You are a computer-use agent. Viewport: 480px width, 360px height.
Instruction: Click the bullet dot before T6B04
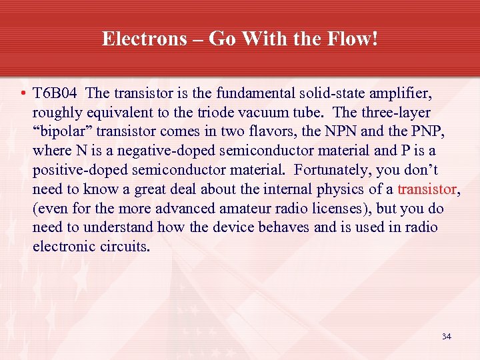tap(23, 93)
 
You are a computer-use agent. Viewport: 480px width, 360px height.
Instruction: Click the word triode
tap(221, 112)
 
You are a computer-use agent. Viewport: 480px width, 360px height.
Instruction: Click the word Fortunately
tap(330, 170)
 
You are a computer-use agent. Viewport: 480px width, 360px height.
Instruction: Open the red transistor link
tap(427, 189)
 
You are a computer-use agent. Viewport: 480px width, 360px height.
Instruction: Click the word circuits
tap(127, 247)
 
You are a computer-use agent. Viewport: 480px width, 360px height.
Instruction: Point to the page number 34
tap(446, 337)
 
